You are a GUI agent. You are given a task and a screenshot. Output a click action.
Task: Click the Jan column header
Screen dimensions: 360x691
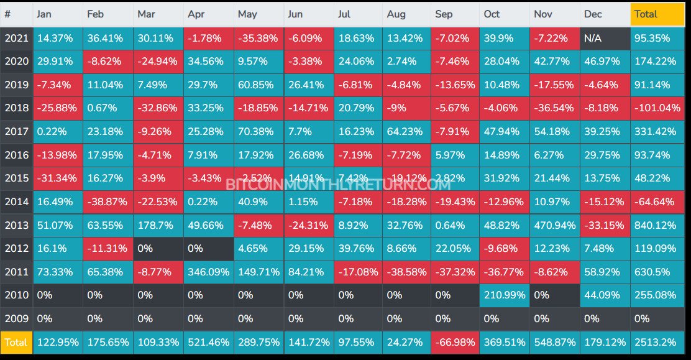coord(58,14)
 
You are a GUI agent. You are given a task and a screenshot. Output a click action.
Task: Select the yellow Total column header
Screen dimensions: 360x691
coord(657,14)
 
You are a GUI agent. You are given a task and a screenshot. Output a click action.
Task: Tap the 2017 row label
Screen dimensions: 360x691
coord(16,132)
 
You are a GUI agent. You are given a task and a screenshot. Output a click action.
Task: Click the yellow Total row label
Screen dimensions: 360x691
coord(16,342)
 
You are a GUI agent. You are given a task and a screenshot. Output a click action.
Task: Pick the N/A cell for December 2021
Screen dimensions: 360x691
coord(605,38)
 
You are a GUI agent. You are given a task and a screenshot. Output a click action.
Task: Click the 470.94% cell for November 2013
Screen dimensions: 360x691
coord(554,225)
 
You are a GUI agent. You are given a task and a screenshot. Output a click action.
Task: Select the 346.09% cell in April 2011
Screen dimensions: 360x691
coord(208,272)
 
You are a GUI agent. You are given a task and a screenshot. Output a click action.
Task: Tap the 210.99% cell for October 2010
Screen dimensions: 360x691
coord(504,295)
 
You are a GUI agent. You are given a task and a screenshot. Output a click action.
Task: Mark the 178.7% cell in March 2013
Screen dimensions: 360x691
coord(158,225)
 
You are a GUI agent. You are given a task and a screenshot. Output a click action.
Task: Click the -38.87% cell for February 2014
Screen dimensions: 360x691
coord(108,201)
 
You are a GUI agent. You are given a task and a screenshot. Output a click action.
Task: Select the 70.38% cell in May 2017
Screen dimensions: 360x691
coord(259,132)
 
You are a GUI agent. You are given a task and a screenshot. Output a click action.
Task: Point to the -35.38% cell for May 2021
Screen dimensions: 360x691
coord(259,38)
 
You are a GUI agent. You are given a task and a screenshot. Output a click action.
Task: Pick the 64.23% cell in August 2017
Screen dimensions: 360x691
coord(406,132)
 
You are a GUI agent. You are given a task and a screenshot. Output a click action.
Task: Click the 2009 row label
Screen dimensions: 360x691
coord(16,318)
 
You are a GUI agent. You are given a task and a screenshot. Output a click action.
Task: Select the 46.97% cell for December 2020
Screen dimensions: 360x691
coord(605,62)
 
